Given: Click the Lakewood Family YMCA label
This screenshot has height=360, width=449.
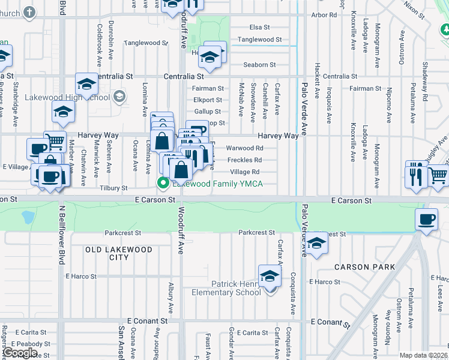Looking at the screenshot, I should (218, 184).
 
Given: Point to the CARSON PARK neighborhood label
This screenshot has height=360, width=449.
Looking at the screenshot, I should (364, 267).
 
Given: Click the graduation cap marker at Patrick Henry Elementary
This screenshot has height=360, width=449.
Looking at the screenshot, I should (270, 277).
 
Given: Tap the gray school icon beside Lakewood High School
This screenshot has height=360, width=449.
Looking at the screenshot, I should (119, 96).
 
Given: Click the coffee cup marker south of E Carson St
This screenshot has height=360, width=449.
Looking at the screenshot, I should (427, 220).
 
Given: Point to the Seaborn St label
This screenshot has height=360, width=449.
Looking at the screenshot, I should (259, 65).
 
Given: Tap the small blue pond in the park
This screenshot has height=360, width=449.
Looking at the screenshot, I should (28, 216).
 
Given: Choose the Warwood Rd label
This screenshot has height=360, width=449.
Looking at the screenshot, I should (244, 148).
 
